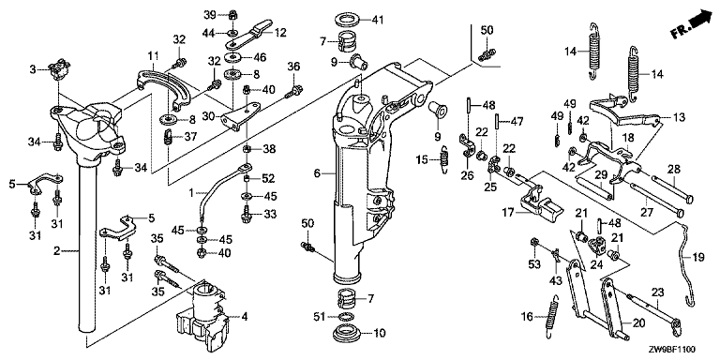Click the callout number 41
pos(377,20)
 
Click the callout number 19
pos(697,259)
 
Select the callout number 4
pos(245,316)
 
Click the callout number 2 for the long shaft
pos(57,250)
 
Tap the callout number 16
pos(528,316)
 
